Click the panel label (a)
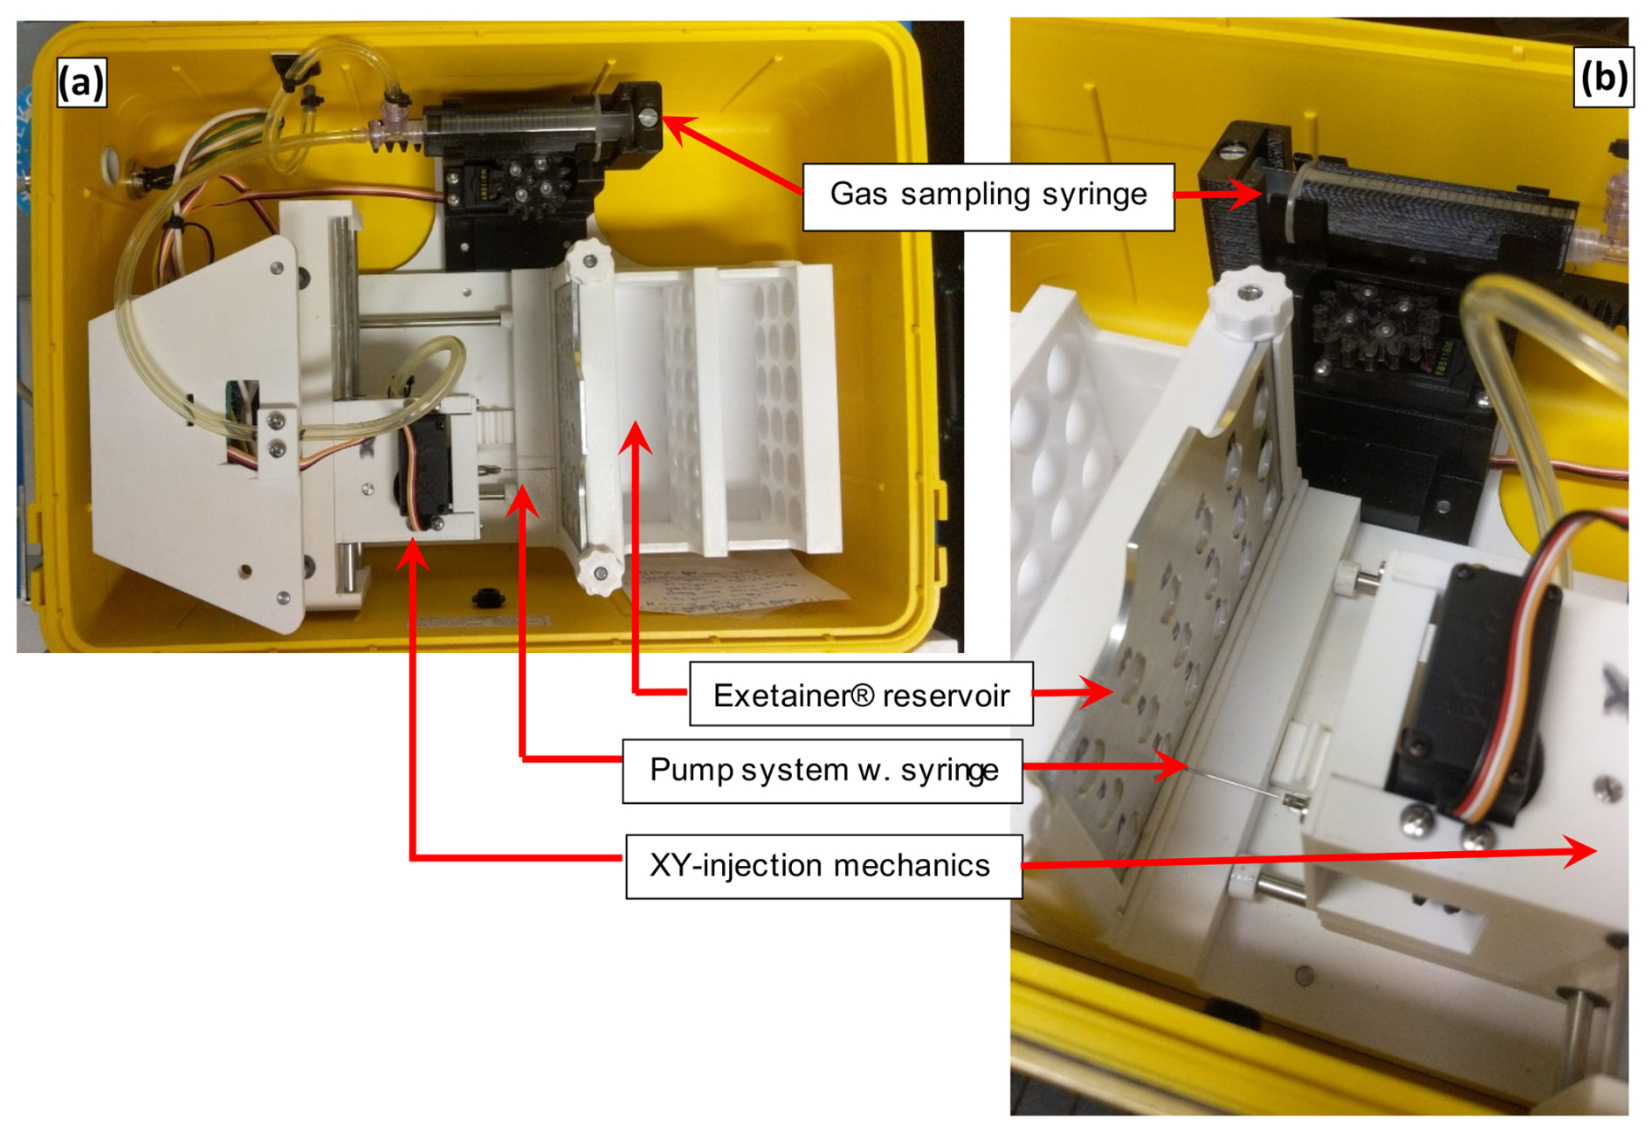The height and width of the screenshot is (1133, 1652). [x=81, y=82]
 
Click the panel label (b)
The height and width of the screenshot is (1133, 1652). [x=1603, y=77]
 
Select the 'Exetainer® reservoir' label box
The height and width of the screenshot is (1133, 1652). [x=860, y=695]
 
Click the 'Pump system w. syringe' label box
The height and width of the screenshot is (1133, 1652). [x=822, y=771]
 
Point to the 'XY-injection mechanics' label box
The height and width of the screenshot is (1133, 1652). [x=823, y=866]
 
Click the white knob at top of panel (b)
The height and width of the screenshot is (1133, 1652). [x=1250, y=301]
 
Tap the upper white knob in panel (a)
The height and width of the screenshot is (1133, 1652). [x=589, y=259]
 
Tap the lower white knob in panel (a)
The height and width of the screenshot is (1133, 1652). [x=599, y=571]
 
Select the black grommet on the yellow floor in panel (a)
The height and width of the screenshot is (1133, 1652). [x=488, y=598]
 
